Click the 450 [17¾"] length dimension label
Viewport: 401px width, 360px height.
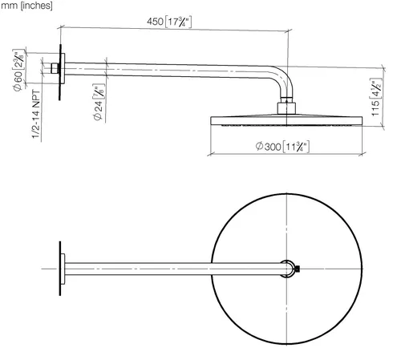coord(169,22)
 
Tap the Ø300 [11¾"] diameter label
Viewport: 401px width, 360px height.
coord(282,147)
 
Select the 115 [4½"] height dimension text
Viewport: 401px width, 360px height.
coord(376,97)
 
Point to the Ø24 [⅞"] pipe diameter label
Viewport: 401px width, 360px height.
coord(99,102)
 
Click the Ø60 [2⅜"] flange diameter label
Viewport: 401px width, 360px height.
coord(18,70)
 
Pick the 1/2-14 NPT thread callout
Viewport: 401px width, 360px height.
coord(36,115)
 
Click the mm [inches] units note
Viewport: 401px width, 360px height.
coord(26,6)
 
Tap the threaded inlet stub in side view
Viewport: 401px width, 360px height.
coord(55,68)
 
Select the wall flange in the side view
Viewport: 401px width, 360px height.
coord(63,68)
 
